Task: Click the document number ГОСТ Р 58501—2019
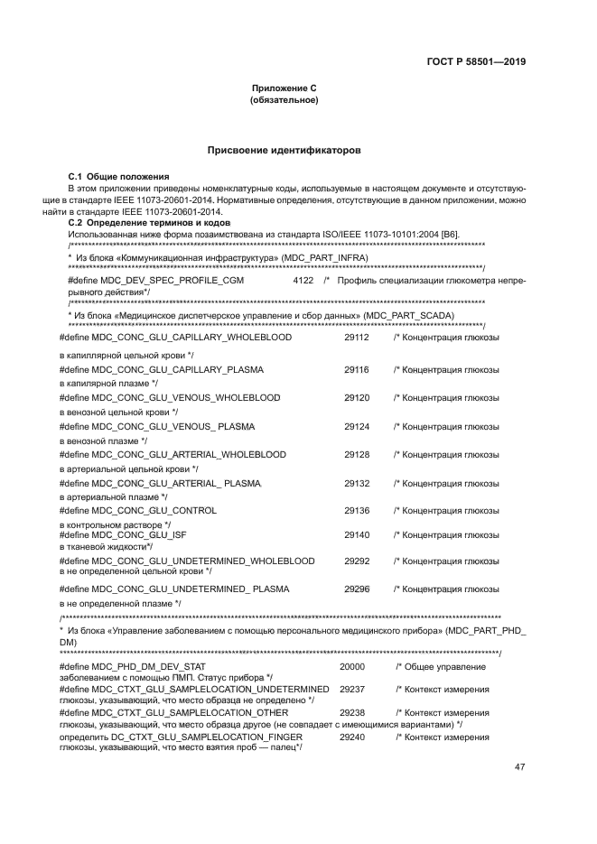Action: [476, 62]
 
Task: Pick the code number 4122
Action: [303, 282]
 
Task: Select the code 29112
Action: [357, 336]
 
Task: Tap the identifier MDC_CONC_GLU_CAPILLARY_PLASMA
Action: [177, 370]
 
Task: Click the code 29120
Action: [357, 397]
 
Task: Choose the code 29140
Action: [357, 534]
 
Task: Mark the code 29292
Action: [357, 561]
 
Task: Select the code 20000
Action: [352, 666]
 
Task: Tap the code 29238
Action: [352, 712]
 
